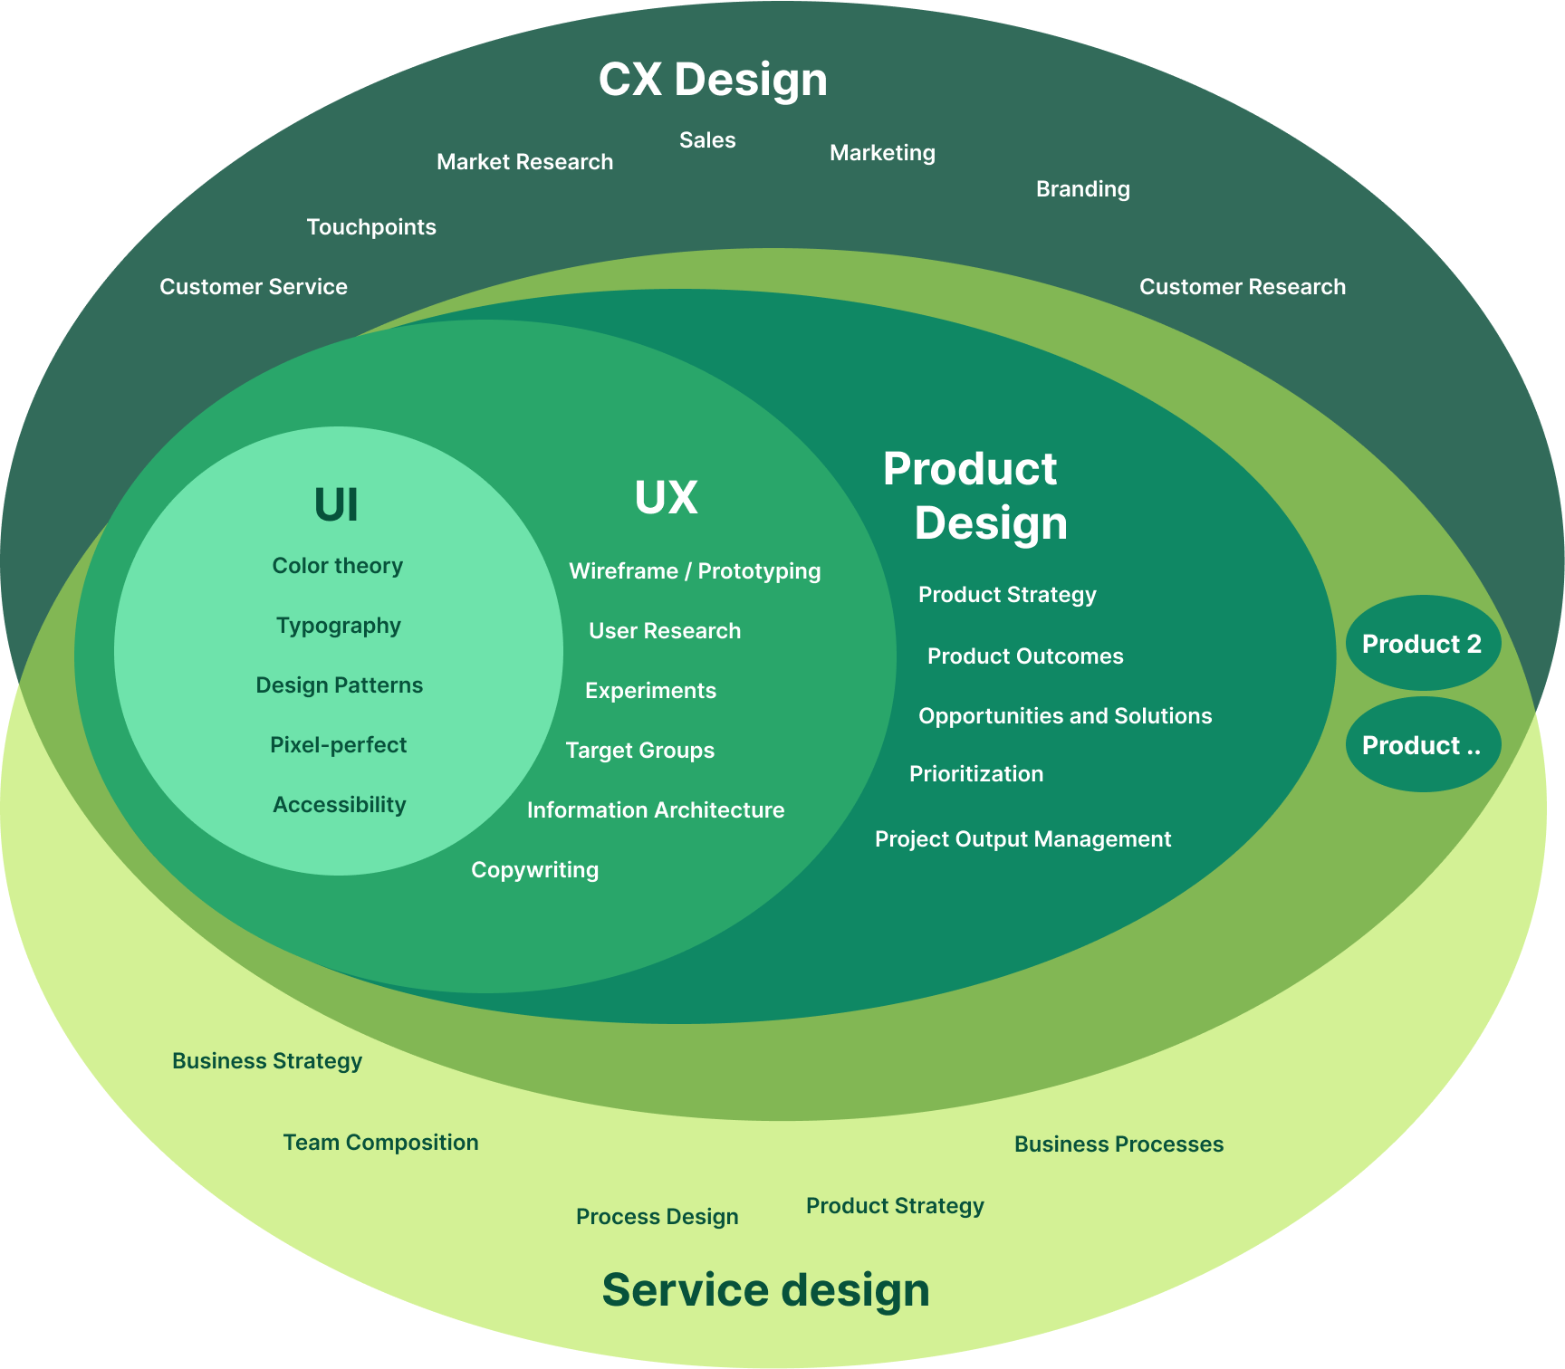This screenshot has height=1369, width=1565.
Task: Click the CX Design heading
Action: (713, 80)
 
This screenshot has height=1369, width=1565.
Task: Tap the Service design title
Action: (765, 1289)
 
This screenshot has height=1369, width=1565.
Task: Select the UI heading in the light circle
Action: (336, 504)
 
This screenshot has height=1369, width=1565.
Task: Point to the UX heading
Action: (666, 497)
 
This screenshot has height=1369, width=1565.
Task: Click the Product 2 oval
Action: (1422, 644)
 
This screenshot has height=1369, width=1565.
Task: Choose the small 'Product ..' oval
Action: (1422, 745)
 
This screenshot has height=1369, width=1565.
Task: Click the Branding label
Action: (1082, 189)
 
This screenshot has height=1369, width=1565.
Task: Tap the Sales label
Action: (707, 140)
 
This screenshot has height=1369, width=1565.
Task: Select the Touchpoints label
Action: (371, 227)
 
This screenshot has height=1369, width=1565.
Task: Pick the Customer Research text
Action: (1242, 287)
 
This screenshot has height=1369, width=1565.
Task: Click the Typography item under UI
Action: (339, 626)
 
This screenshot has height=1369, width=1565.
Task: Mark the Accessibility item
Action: (340, 805)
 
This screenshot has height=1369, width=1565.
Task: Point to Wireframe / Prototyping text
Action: (695, 571)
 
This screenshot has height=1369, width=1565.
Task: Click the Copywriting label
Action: (534, 870)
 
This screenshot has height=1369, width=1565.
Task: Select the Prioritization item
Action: (976, 774)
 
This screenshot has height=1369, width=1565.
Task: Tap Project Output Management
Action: (1023, 839)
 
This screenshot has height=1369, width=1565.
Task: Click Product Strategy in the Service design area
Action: (895, 1206)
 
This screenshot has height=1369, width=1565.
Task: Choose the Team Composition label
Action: (380, 1143)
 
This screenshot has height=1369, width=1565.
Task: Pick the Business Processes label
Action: (1119, 1144)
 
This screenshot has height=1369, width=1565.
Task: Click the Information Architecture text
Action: (656, 810)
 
